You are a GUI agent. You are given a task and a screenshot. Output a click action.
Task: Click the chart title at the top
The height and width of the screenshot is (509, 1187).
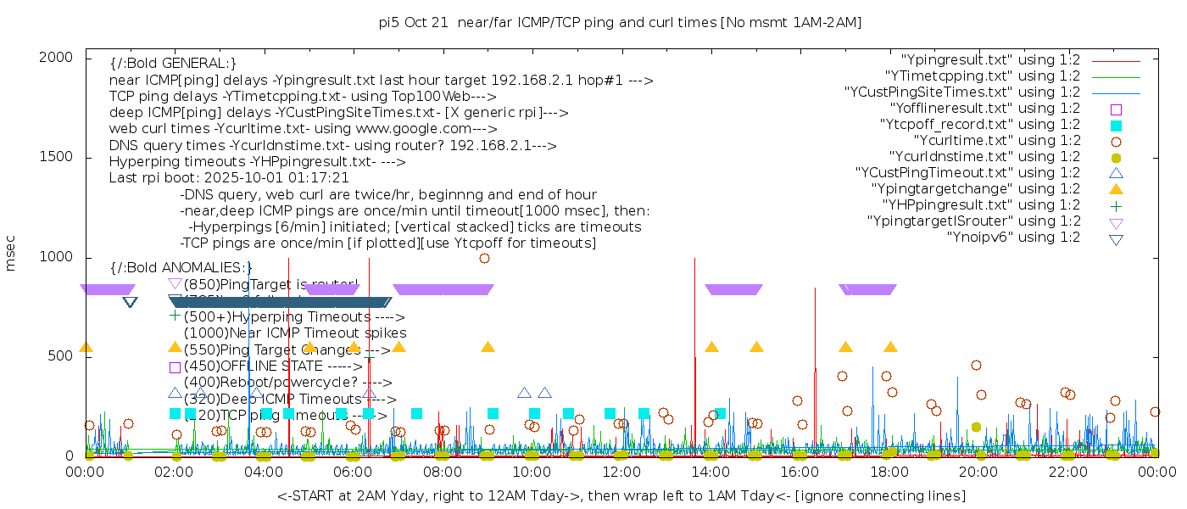(x=620, y=22)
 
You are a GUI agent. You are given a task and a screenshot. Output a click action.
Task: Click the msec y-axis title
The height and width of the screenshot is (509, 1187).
(x=11, y=256)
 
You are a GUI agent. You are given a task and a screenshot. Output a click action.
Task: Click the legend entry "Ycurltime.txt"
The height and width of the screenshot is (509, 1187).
(x=996, y=141)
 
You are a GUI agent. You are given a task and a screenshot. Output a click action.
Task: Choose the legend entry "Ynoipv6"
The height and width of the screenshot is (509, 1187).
(x=1013, y=237)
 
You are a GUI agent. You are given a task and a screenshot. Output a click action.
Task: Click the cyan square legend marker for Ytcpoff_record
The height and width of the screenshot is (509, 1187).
(x=1116, y=126)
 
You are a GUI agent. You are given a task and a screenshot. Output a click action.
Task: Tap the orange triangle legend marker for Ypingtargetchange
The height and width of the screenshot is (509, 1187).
(x=1116, y=189)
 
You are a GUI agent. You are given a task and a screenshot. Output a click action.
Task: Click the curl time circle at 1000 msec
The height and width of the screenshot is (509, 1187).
(x=484, y=258)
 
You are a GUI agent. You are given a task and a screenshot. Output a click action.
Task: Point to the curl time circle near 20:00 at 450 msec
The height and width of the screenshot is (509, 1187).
(x=976, y=366)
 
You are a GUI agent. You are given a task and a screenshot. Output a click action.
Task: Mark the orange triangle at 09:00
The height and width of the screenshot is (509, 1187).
(x=488, y=347)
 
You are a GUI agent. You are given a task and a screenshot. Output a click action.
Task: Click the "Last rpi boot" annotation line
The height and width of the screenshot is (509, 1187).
(x=229, y=178)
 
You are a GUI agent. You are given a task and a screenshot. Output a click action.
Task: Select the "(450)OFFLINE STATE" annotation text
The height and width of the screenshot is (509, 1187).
(x=272, y=366)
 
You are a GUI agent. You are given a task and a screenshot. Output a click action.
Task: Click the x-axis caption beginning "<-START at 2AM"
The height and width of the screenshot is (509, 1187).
(x=621, y=495)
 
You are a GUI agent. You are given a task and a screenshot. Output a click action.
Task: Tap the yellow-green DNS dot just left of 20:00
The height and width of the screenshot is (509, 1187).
(x=976, y=428)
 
